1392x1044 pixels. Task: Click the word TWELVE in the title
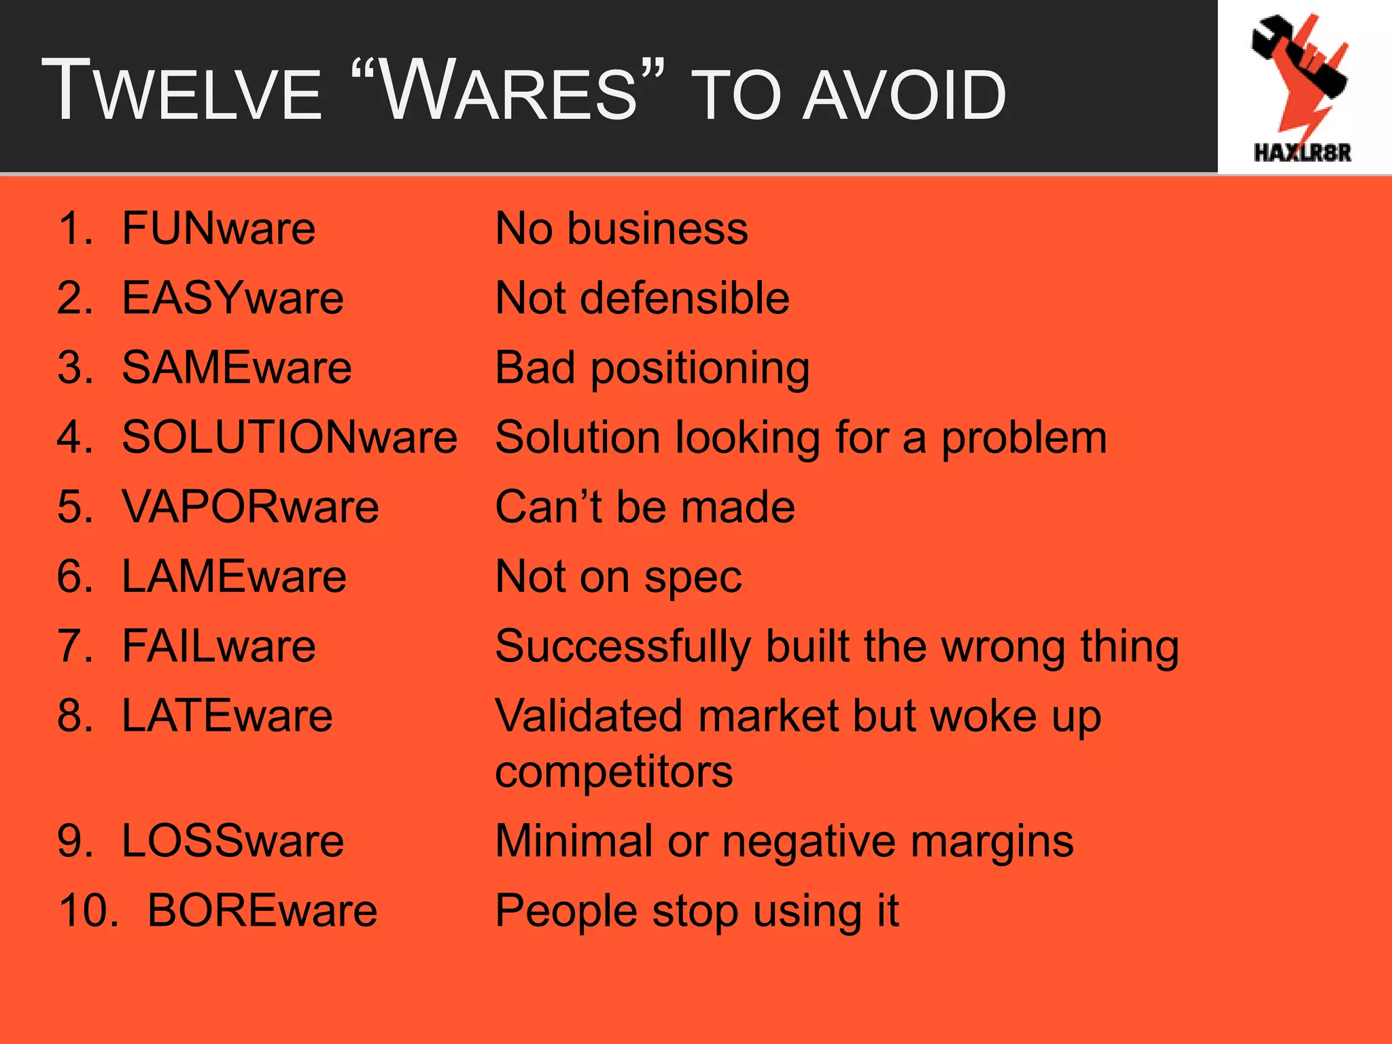[181, 92]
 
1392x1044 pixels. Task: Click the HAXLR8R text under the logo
[1302, 153]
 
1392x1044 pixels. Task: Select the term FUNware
[219, 228]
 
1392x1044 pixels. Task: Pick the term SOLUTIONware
[290, 437]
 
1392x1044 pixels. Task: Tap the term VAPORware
[250, 507]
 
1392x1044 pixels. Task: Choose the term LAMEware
[234, 576]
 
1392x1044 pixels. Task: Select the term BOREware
[262, 911]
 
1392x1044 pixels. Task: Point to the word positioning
[700, 369]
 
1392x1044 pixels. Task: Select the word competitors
[614, 772]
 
